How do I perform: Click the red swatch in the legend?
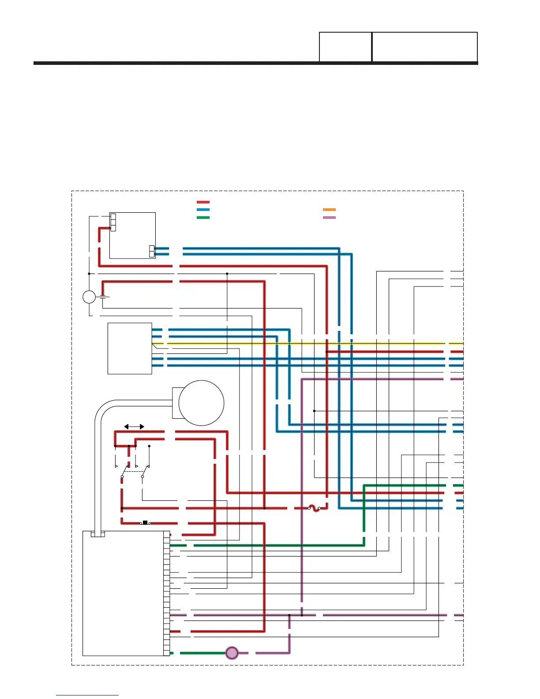203,202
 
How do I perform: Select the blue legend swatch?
203,210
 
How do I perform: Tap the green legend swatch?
203,218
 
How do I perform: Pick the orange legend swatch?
329,210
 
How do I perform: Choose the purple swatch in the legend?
329,218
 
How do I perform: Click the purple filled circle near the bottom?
232,653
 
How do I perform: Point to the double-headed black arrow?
134,427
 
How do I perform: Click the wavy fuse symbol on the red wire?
314,508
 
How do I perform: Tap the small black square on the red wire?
145,522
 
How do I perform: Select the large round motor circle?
201,403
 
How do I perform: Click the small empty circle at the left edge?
89,297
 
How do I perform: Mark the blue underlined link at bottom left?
87,695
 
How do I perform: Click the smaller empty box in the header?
345,47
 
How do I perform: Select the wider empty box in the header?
425,47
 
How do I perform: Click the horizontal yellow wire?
309,343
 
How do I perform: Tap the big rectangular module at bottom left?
123,593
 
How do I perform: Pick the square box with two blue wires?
132,235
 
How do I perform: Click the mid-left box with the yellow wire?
130,349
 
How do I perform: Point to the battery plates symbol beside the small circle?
104,297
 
